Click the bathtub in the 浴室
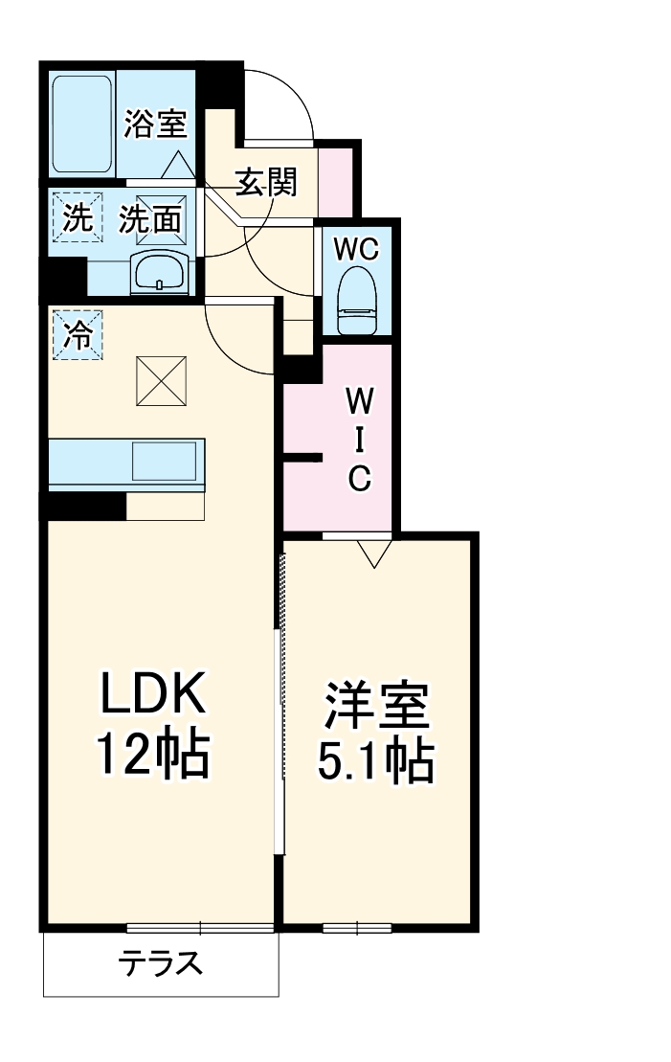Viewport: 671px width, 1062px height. click(x=82, y=123)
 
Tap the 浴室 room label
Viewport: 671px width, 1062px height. click(x=155, y=124)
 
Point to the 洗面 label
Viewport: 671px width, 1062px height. click(x=150, y=220)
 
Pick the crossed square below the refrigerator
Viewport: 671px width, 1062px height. click(x=161, y=380)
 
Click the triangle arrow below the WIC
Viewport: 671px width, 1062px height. click(x=372, y=554)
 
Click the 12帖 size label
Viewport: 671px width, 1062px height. click(x=151, y=757)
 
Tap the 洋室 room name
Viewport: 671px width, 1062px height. click(x=376, y=708)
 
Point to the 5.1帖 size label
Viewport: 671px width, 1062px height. click(x=376, y=761)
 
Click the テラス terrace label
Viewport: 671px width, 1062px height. click(x=161, y=962)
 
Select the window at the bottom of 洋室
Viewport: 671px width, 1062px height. click(x=356, y=927)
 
